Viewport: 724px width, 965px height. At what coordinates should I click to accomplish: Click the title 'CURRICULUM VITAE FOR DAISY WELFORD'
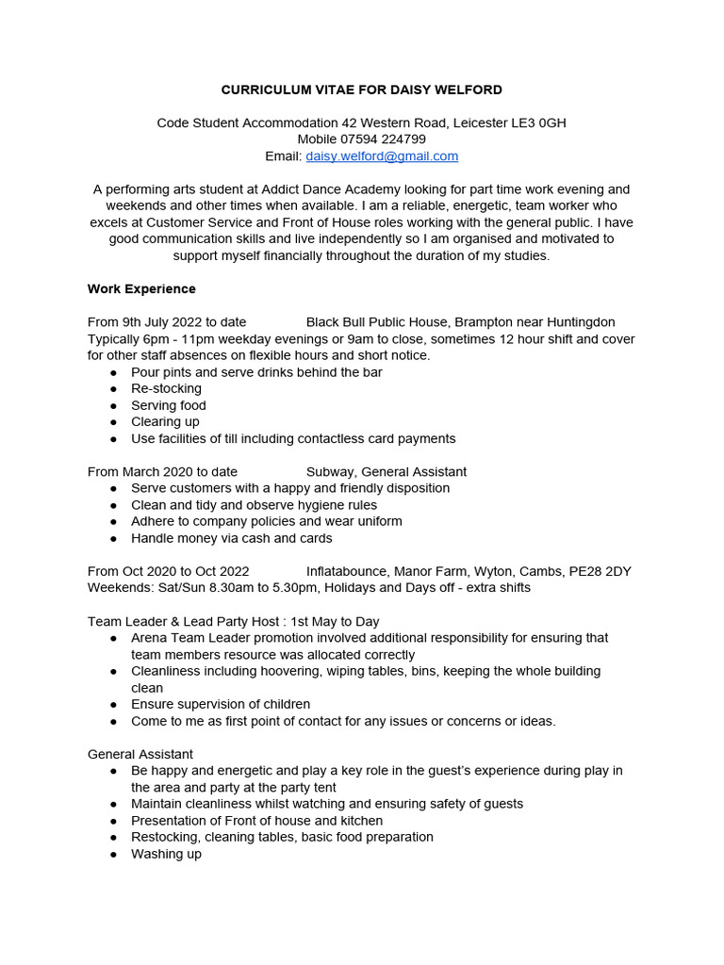(361, 90)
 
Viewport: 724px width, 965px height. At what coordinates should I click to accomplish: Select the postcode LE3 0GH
(537, 123)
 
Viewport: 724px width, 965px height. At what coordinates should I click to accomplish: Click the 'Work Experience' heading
(141, 288)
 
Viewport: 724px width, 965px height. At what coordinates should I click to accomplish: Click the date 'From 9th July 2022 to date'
(167, 322)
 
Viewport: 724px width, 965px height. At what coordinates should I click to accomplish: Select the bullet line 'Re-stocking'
(166, 388)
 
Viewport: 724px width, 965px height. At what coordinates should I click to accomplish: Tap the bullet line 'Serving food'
(169, 405)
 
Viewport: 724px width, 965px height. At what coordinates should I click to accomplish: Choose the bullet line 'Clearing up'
(165, 421)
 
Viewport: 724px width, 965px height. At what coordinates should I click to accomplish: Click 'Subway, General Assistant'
(387, 471)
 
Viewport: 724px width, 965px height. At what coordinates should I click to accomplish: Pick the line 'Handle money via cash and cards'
(232, 538)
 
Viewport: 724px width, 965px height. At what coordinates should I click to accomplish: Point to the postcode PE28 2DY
(600, 571)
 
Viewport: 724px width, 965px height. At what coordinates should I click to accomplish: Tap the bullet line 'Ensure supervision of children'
(221, 704)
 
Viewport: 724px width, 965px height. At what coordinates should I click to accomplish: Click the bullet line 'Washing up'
(166, 854)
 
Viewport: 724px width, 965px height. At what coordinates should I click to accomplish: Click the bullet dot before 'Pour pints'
(113, 372)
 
